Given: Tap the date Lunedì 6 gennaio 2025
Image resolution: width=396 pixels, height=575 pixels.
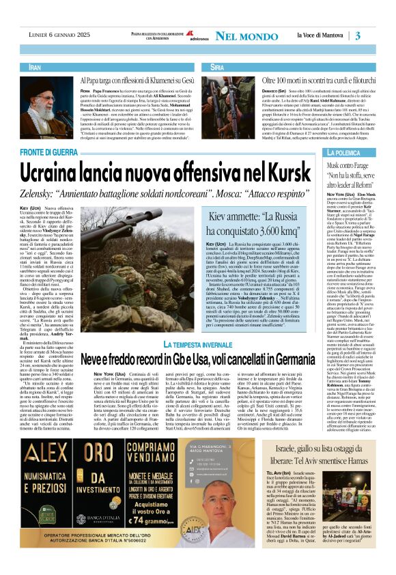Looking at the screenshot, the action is click(60, 36).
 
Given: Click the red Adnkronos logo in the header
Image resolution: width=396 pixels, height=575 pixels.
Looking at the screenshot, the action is click(182, 35).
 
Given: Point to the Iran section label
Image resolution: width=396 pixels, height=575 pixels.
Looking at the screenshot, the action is click(36, 68).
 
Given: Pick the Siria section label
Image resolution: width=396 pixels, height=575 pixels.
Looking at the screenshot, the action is click(217, 68).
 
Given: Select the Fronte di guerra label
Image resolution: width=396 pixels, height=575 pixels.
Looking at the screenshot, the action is click(59, 151).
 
